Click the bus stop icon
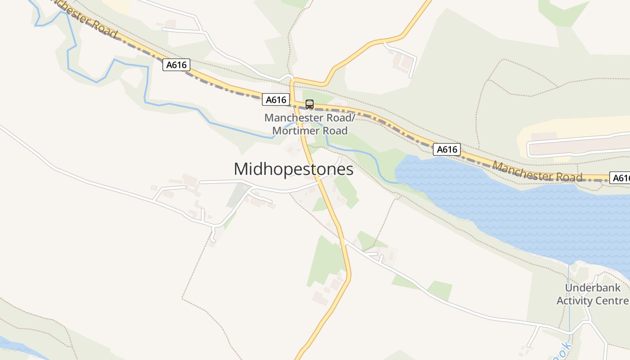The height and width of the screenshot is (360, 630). [310, 104]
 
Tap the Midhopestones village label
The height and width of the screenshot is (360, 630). [293, 169]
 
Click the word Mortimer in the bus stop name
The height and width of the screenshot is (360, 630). [298, 131]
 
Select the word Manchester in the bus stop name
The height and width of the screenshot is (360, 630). [291, 118]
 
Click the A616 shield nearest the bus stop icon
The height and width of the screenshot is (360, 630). [276, 100]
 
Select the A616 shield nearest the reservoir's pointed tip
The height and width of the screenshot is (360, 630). [447, 149]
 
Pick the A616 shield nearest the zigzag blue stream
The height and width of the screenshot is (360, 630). [176, 65]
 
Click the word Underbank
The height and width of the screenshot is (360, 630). [593, 288]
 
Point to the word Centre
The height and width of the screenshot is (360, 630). [614, 301]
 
